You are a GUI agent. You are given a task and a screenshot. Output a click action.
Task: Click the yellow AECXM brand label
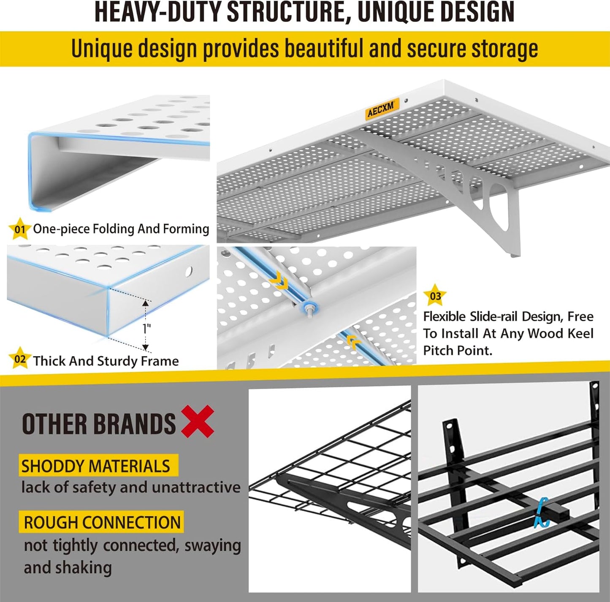pos(382,109)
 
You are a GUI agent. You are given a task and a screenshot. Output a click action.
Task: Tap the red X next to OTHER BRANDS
pos(198,422)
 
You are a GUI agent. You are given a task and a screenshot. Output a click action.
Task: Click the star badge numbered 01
pos(19,229)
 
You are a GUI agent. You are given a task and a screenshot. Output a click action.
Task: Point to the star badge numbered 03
pos(435,296)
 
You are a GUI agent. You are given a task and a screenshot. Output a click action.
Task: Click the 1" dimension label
pos(146,328)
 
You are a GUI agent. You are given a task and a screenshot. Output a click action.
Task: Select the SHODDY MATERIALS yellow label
pos(96,466)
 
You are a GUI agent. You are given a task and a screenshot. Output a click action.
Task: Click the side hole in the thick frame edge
pos(189,271)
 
